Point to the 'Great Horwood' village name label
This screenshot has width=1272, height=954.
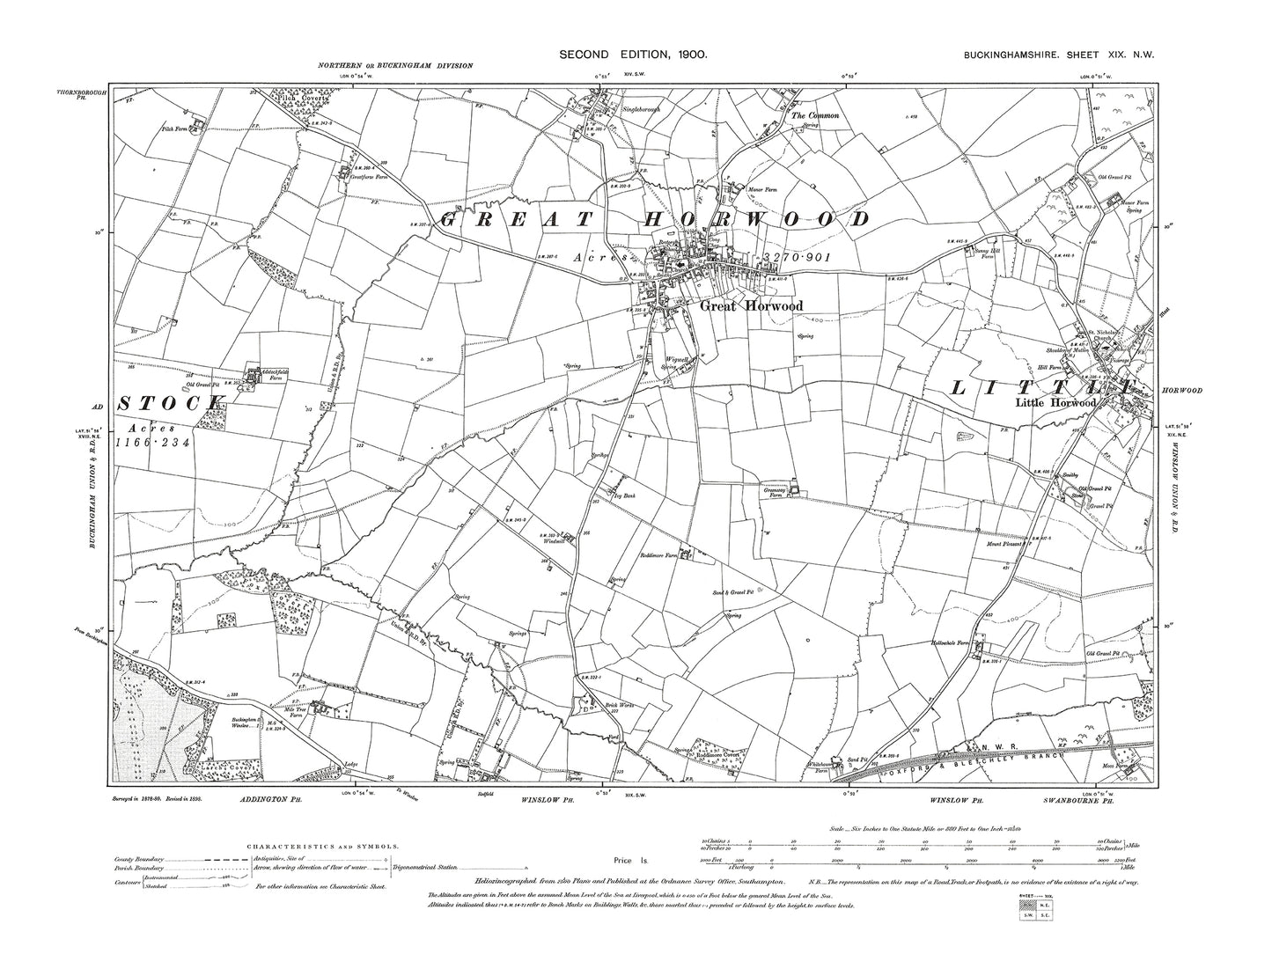739,306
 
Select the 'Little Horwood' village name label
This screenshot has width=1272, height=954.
1055,403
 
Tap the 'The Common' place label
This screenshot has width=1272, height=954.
814,115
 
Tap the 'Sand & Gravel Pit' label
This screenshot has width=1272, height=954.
736,592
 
